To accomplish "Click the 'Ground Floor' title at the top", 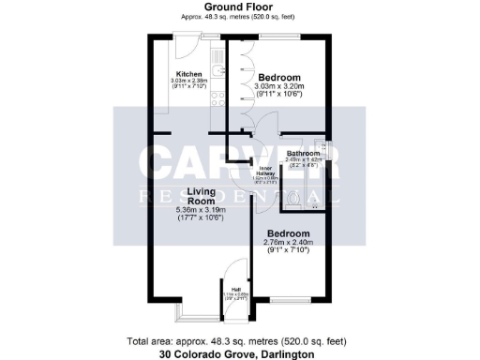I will pyautogui.click(x=239, y=7).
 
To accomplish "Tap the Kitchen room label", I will pyautogui.click(x=189, y=74).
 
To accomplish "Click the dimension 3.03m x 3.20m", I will pyautogui.click(x=278, y=86).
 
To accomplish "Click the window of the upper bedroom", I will pyautogui.click(x=278, y=37).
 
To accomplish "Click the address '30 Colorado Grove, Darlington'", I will pyautogui.click(x=239, y=354).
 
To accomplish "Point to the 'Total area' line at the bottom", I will pyautogui.click(x=239, y=341).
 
